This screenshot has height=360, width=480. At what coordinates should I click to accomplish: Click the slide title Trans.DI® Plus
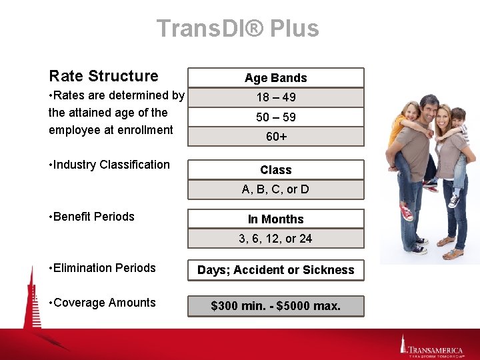[238, 29]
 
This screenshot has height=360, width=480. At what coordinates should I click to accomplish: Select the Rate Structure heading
[103, 76]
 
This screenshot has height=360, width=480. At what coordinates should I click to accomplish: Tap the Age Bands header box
[276, 78]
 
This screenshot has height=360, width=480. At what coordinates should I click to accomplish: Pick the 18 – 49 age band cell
[276, 97]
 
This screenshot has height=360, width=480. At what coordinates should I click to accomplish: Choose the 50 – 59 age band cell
[276, 117]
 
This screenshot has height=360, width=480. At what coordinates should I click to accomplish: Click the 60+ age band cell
[276, 137]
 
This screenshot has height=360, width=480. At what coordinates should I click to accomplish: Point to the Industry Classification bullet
[109, 165]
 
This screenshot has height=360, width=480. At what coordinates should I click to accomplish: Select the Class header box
[276, 170]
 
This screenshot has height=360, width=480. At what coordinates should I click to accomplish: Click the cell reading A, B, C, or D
[276, 189]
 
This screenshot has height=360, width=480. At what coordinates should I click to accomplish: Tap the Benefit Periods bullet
[91, 217]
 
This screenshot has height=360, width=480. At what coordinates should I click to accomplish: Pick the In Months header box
[276, 219]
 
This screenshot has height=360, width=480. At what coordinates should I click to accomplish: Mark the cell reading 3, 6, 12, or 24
[276, 239]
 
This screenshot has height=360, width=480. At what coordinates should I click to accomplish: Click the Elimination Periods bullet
[102, 268]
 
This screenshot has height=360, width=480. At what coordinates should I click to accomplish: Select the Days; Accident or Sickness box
[276, 270]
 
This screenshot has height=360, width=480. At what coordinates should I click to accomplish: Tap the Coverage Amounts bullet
[102, 303]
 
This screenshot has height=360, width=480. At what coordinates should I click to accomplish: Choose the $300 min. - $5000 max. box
[276, 306]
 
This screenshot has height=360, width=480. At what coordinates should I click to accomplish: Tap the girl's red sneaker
[405, 213]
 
